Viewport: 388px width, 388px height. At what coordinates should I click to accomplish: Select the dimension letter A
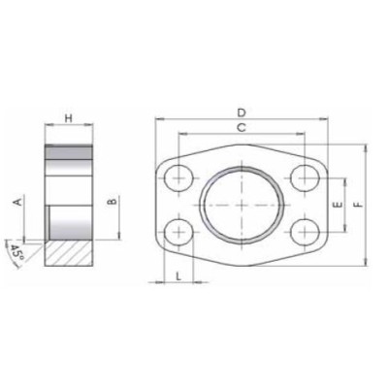17,202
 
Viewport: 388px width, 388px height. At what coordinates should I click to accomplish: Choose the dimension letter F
359,205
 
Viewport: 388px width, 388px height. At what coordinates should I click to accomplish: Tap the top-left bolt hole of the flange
179,178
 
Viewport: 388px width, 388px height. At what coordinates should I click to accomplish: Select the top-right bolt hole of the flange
305,178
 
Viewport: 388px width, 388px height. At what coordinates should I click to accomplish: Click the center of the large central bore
242,205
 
